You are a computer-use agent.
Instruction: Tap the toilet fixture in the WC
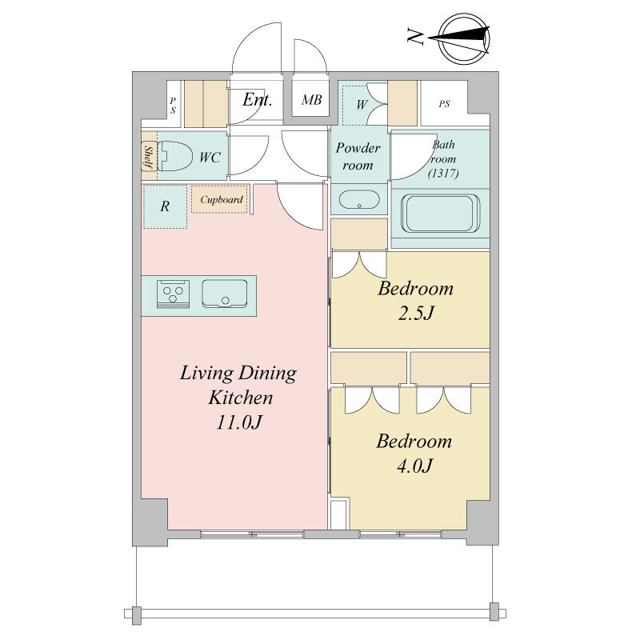point(174,156)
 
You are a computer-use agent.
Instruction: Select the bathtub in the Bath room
point(440,213)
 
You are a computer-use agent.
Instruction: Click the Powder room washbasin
point(359,199)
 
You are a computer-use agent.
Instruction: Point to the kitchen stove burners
point(173,294)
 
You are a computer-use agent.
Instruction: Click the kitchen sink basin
point(225,294)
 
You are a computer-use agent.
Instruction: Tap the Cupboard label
point(222,199)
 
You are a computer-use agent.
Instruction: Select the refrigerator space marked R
point(165,206)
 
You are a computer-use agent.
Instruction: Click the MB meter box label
point(311,99)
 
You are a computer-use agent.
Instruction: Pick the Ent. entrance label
point(257,99)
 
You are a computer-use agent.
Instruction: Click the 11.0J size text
point(238,422)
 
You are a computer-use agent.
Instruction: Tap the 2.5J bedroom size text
point(415,314)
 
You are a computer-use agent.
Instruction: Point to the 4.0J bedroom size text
point(414,466)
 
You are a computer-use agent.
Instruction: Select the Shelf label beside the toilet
point(149,158)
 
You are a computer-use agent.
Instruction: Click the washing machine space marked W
point(362,105)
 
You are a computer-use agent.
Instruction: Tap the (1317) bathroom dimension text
point(443,174)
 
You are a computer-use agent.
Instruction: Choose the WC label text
point(210,158)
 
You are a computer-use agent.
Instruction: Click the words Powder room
point(358,156)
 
